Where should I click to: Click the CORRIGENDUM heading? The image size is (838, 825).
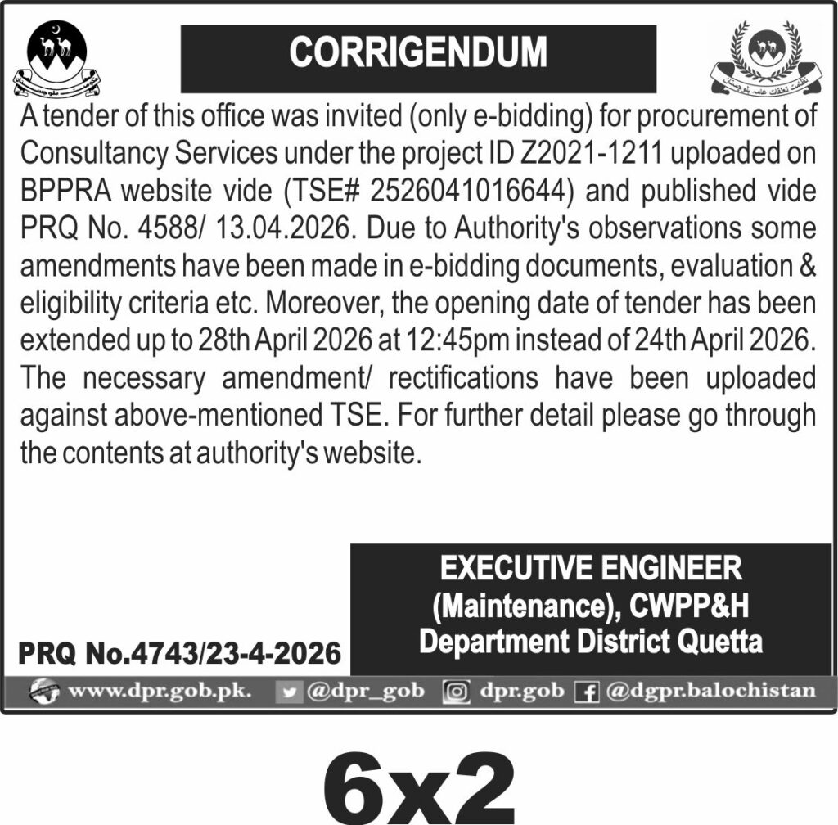[417, 54]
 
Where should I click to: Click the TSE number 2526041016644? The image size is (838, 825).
[469, 191]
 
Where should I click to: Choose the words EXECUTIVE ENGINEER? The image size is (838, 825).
[590, 568]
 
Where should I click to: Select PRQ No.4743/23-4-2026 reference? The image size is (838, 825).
[179, 653]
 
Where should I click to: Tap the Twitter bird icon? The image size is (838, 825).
[287, 692]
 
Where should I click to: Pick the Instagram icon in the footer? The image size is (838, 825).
[456, 692]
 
